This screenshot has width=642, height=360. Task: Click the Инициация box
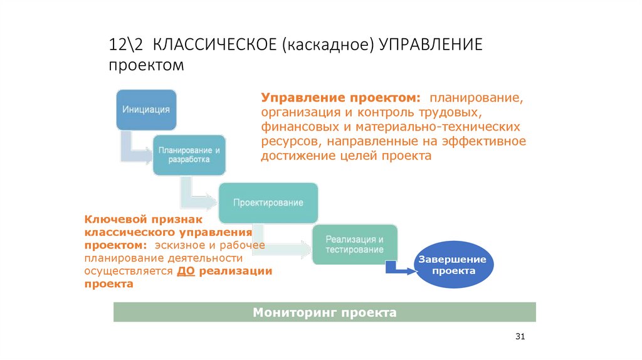click(x=146, y=110)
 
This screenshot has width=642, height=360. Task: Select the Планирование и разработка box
click(x=189, y=155)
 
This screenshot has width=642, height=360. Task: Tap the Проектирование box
click(x=268, y=203)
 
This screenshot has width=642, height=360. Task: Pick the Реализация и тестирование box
click(x=354, y=244)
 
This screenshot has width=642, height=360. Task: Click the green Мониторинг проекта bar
click(x=324, y=312)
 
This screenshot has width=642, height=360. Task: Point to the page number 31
click(x=519, y=337)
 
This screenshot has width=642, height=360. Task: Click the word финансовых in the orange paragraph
click(x=293, y=127)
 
